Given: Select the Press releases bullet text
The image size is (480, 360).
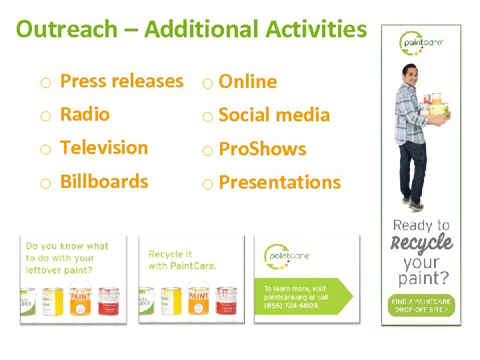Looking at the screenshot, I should (121, 81).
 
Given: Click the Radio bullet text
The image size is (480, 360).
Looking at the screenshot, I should (85, 115).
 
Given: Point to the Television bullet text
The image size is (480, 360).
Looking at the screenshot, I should (104, 148).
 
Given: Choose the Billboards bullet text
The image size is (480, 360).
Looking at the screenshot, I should (104, 181).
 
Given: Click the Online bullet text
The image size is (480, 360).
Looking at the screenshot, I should (247, 82).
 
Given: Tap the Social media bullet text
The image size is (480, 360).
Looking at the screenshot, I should (274, 115).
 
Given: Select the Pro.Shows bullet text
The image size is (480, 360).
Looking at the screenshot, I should (262, 149).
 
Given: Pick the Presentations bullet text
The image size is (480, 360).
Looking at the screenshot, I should (279, 183).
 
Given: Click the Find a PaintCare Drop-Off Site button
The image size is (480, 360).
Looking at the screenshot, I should (421, 306).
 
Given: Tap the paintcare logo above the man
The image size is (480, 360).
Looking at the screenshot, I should (421, 43).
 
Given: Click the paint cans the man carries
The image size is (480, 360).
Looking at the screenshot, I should (436, 105).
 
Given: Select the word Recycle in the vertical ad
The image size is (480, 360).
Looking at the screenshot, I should (421, 243).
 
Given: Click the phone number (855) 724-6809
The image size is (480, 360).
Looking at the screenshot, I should (291, 306).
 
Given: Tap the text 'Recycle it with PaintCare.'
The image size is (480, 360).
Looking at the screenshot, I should (182, 260).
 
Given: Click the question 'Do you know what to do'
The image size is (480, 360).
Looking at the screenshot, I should (67, 252).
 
